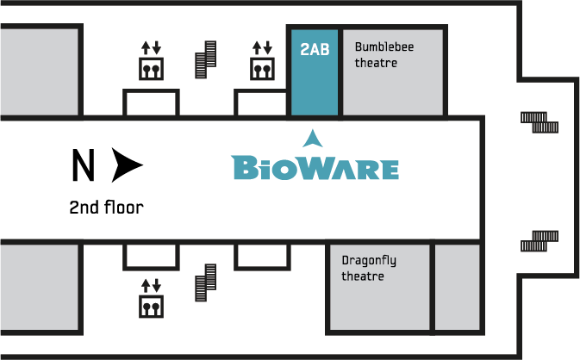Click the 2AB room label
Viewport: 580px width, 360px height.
click(315, 49)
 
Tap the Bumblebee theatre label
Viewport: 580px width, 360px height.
click(384, 55)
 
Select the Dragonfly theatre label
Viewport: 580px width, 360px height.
click(369, 268)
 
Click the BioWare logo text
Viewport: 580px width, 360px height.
click(315, 168)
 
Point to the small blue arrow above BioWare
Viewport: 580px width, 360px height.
click(313, 139)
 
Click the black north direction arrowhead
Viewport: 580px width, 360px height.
click(127, 165)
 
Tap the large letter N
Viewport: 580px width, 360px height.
click(84, 165)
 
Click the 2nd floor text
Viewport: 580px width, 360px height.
click(107, 208)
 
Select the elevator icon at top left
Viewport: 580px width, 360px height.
click(152, 60)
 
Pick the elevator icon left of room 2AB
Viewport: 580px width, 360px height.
click(262, 60)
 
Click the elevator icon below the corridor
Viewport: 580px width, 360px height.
click(152, 298)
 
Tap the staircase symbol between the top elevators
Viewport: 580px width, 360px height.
click(206, 59)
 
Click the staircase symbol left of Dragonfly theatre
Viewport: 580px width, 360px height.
click(206, 282)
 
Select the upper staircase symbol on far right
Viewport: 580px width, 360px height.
click(539, 122)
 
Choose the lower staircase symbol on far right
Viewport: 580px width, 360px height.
click(539, 241)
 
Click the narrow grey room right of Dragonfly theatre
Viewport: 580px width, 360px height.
click(458, 287)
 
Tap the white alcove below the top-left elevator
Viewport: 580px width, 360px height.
click(152, 103)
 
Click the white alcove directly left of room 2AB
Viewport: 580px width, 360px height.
click(262, 103)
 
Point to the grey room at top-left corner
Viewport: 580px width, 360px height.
click(39, 71)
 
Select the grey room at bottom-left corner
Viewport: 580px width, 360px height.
click(39, 287)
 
